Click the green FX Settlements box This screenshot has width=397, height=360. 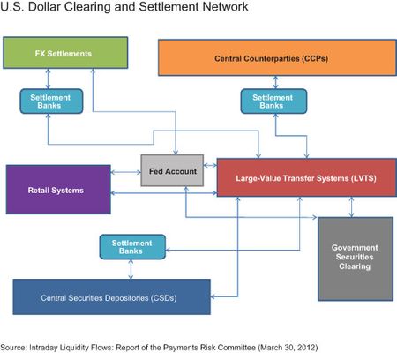(65, 54)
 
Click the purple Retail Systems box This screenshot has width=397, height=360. (59, 190)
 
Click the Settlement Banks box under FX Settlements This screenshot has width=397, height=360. (44, 101)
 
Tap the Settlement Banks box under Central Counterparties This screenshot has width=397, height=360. (266, 101)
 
